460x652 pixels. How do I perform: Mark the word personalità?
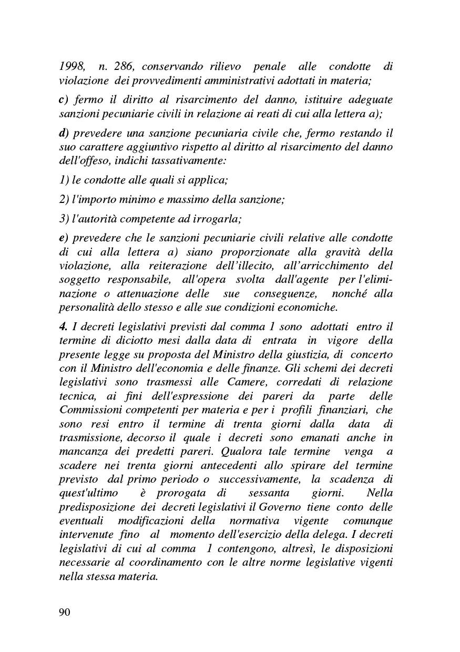coord(88,307)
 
